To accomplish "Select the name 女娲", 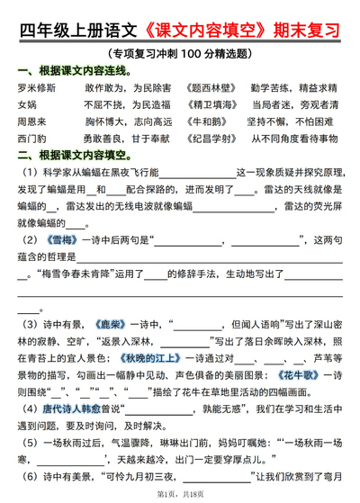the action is coord(28,105).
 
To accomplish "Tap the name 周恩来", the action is coord(32,122).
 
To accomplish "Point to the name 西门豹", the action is coord(32,139).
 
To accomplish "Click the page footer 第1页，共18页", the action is coord(180,494).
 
